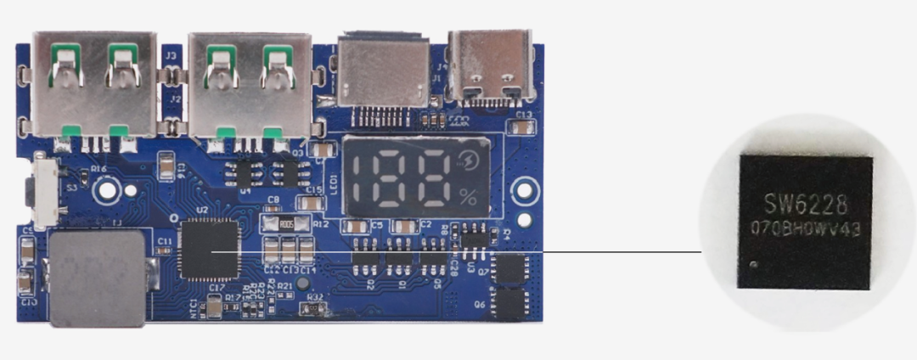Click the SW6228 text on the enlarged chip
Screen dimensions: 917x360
pyautogui.click(x=804, y=204)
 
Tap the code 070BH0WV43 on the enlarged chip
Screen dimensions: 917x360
pyautogui.click(x=804, y=228)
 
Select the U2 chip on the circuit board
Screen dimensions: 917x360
pyautogui.click(x=210, y=250)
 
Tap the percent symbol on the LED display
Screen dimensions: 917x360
pyautogui.click(x=468, y=197)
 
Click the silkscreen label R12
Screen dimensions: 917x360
pyautogui.click(x=321, y=224)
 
